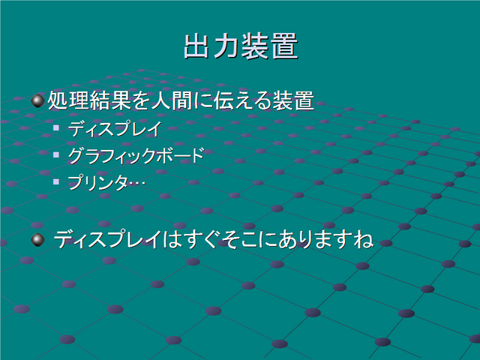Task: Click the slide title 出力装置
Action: (x=241, y=46)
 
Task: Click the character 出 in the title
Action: (x=196, y=46)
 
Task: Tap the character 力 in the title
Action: (x=226, y=46)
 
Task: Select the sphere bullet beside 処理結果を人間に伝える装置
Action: (x=38, y=101)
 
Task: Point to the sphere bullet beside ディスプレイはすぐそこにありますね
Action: (x=38, y=239)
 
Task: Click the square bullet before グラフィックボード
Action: (x=56, y=154)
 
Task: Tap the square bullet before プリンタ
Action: (x=56, y=181)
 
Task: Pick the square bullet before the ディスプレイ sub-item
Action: (x=56, y=127)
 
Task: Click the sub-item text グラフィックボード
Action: (x=136, y=155)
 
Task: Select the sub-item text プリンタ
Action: (x=97, y=183)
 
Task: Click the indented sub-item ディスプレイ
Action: (x=115, y=128)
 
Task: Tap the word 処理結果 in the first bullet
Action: (x=89, y=100)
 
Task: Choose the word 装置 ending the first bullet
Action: (x=293, y=100)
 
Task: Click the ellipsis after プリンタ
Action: (x=136, y=183)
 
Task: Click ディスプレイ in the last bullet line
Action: (x=108, y=239)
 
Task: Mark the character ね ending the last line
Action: (x=364, y=239)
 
